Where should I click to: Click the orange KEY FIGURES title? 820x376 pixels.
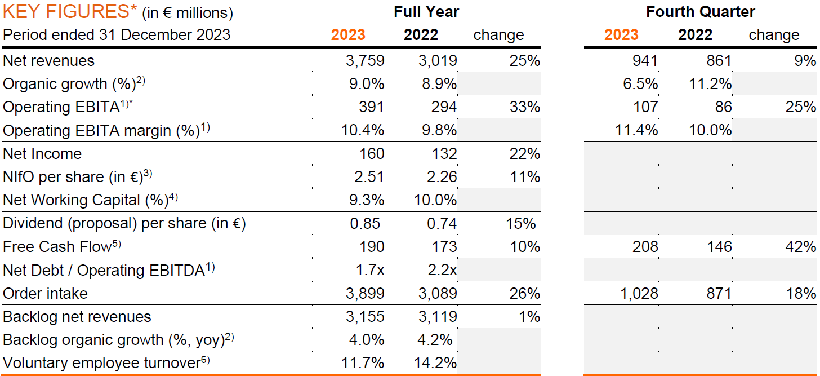click(66, 11)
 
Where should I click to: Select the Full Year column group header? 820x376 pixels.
click(426, 11)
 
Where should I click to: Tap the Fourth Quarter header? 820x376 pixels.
click(700, 11)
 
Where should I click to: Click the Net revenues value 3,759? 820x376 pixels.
click(364, 60)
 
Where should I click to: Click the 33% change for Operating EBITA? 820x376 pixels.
click(524, 107)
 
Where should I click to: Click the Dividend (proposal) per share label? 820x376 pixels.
click(124, 224)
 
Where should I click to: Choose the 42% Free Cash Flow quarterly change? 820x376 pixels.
click(800, 247)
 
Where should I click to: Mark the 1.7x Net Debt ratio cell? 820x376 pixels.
click(369, 270)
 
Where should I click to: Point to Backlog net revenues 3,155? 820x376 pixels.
click(364, 317)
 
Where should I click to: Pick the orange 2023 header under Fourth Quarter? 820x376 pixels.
click(621, 35)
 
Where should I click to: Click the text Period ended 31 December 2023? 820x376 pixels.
click(117, 35)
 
